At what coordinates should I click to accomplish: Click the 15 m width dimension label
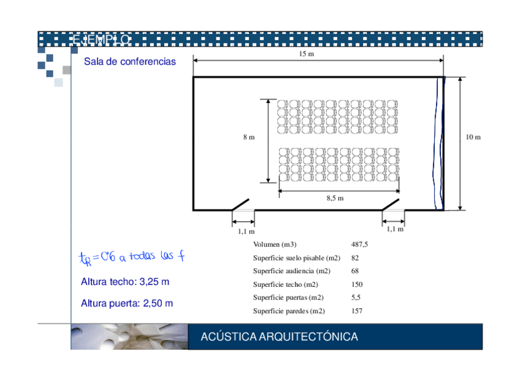tap(307, 55)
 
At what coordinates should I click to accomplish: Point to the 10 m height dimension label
tap(473, 137)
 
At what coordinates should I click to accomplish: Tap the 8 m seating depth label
tap(248, 137)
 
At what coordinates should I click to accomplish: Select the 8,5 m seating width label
tap(335, 198)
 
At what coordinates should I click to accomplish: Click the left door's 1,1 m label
tap(247, 232)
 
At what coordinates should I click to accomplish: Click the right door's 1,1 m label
tap(396, 229)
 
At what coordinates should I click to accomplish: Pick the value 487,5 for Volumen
tap(360, 244)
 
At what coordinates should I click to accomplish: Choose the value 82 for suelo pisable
tap(355, 258)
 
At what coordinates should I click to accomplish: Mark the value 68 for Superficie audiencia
tap(355, 271)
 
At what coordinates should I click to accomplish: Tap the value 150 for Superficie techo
tap(357, 284)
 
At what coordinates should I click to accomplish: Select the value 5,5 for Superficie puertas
tap(356, 297)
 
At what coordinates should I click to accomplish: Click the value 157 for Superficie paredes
tap(357, 311)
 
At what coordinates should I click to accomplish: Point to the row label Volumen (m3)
tap(275, 244)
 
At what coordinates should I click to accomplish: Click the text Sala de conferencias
tap(129, 62)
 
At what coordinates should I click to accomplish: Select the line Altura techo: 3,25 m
tap(125, 282)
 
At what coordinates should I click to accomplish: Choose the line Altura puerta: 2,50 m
tap(127, 303)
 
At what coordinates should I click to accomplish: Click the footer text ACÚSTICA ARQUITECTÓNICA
tap(280, 337)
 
